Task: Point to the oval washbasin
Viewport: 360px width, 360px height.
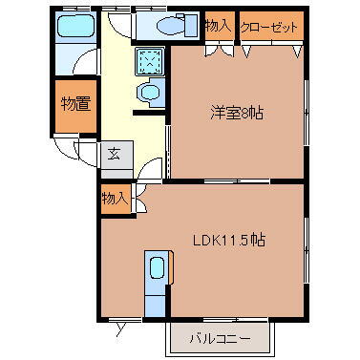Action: pos(150,93)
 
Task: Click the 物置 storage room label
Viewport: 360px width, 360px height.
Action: pos(75,103)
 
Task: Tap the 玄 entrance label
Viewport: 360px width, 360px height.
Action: pos(114,153)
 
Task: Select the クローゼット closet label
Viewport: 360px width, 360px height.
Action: pos(269,27)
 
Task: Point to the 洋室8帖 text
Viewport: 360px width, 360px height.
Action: pos(237,113)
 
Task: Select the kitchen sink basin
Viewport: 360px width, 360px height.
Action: pos(156,269)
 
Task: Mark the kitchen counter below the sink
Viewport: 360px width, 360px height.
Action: pos(155,301)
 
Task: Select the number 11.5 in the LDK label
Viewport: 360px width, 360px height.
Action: pos(241,240)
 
